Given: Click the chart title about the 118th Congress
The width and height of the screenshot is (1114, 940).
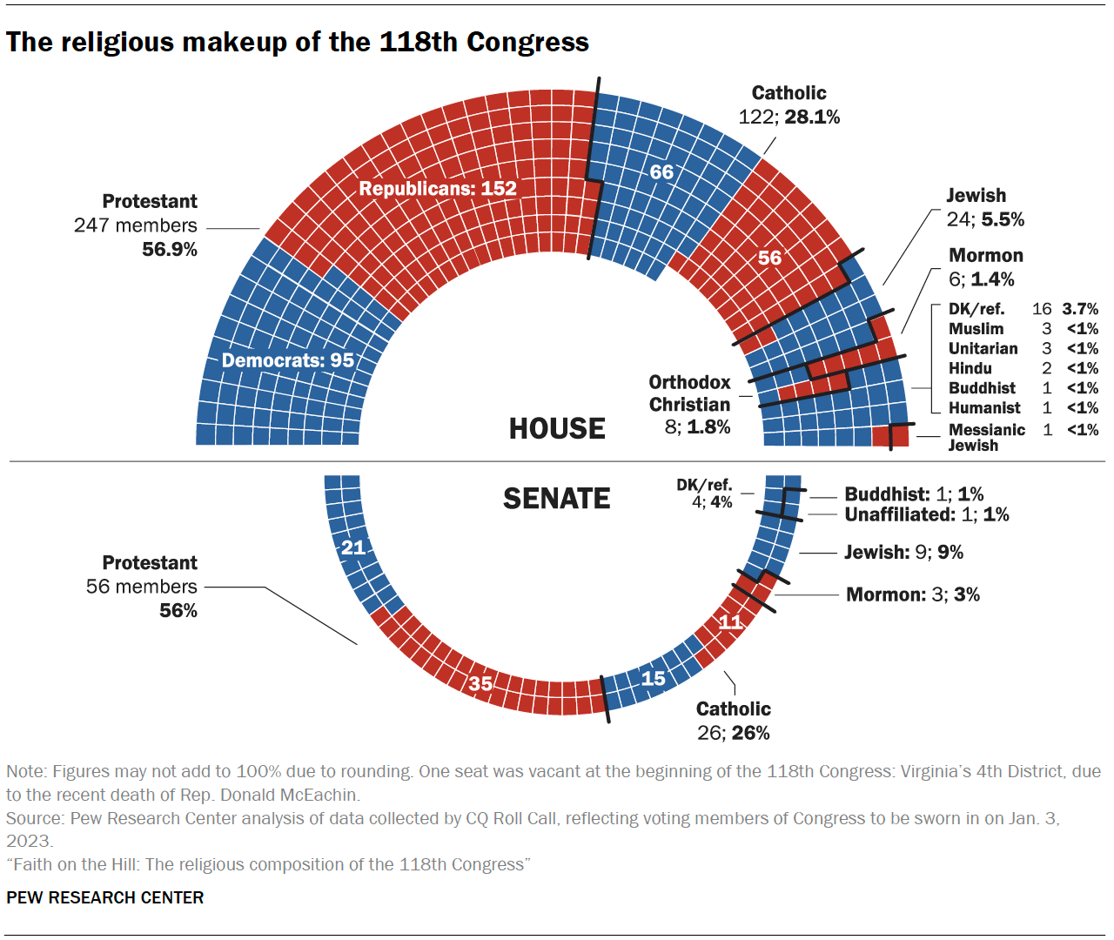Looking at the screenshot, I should [x=298, y=42].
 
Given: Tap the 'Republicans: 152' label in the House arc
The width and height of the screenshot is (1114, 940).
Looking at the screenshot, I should [x=438, y=189].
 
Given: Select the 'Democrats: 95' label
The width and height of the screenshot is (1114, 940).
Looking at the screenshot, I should [x=288, y=360].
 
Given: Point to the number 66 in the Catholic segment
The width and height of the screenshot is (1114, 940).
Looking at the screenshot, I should [x=661, y=172].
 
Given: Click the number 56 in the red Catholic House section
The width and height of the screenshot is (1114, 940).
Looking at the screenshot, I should [x=769, y=258].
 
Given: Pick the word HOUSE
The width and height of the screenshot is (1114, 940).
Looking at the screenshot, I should [x=557, y=429].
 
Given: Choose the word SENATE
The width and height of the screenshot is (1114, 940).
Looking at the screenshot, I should [x=557, y=499].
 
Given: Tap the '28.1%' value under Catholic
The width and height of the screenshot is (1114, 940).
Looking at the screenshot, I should [x=812, y=117].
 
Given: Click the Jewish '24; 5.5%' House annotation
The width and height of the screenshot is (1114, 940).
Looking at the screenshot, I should [x=985, y=219].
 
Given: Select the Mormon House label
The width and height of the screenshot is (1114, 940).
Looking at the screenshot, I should [x=985, y=256].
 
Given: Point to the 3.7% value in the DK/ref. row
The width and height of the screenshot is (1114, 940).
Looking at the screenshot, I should [x=1080, y=309].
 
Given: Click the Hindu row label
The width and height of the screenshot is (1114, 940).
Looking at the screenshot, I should [x=970, y=368].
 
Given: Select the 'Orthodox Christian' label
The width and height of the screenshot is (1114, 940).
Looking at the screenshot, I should [x=689, y=393].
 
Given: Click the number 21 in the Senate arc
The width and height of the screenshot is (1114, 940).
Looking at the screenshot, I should [x=353, y=547].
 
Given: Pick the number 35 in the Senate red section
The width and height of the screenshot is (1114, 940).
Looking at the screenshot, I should [x=480, y=683].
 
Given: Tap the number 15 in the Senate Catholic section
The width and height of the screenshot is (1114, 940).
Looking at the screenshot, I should [x=653, y=678].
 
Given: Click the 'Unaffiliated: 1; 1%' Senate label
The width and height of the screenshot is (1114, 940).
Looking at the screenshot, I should [x=927, y=514].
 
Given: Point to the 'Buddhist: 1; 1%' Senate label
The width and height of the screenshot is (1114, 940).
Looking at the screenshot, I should [x=914, y=494].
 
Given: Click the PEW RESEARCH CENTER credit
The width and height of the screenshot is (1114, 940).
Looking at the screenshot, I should [x=104, y=897].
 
